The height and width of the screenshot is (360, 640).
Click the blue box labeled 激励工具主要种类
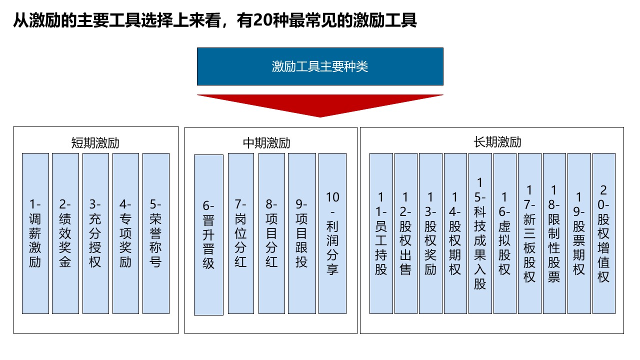pyautogui.click(x=320, y=66)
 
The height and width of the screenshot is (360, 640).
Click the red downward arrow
pyautogui.click(x=320, y=105)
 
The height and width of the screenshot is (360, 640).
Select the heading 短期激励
pyautogui.click(x=95, y=143)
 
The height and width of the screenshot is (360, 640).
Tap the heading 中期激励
pyautogui.click(x=266, y=143)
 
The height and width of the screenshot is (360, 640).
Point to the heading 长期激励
pyautogui.click(x=497, y=142)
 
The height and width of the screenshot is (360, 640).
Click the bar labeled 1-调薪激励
pyautogui.click(x=35, y=233)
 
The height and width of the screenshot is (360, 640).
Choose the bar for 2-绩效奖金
pyautogui.click(x=65, y=233)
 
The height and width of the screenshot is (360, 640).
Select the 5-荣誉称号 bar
pyautogui.click(x=156, y=233)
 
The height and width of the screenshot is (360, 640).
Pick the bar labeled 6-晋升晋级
pyautogui.click(x=208, y=235)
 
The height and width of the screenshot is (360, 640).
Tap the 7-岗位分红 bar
pyautogui.click(x=241, y=233)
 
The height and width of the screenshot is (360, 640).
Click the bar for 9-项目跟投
pyautogui.click(x=302, y=233)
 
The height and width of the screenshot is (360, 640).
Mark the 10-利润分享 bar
pyautogui.click(x=332, y=233)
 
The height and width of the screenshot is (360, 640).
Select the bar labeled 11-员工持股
pyautogui.click(x=381, y=233)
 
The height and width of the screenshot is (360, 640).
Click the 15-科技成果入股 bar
pyautogui.click(x=480, y=233)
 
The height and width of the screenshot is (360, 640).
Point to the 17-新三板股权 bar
pyautogui.click(x=529, y=233)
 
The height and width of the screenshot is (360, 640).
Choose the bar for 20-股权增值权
pyautogui.click(x=604, y=233)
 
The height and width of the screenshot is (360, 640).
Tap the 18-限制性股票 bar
pyautogui.click(x=554, y=233)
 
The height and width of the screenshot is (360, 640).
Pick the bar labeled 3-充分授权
pyautogui.click(x=95, y=233)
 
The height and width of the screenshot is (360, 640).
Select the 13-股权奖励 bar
pyautogui.click(x=431, y=233)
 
